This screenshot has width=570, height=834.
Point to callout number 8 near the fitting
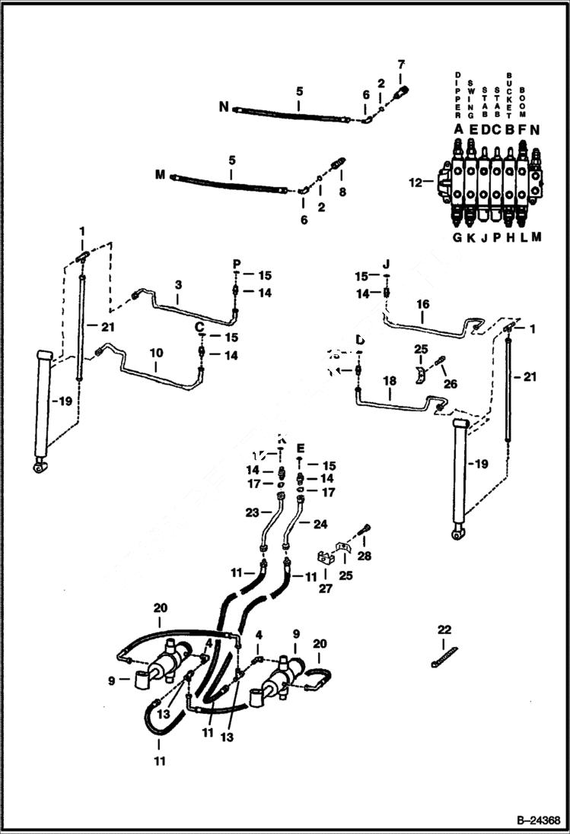342,192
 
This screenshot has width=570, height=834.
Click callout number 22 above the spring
444,629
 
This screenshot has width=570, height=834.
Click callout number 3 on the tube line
177,285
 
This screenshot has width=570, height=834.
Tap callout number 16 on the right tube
423,304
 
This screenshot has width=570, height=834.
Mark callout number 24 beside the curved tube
320,523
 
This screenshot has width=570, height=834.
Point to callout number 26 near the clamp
451,384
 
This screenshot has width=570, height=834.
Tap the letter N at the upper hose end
224,107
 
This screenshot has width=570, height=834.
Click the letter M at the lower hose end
160,176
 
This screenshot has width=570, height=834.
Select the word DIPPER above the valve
458,96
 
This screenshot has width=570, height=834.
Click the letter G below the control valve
457,237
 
